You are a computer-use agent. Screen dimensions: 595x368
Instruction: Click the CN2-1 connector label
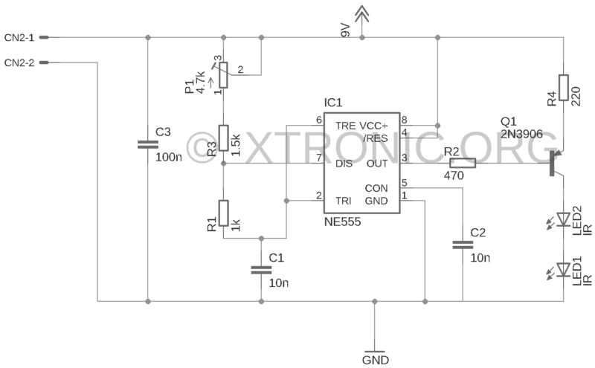tap(19, 38)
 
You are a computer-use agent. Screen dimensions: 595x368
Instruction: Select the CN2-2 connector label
tap(19, 62)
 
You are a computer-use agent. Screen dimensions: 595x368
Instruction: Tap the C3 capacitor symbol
tap(148, 144)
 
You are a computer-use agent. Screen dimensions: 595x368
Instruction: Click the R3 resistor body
tap(224, 138)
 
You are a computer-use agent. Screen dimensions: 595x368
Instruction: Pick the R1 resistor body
tap(224, 213)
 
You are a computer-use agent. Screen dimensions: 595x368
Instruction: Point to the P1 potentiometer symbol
tap(224, 75)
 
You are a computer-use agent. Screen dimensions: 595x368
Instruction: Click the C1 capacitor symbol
tap(261, 270)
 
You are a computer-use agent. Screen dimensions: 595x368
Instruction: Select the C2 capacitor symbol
tap(463, 245)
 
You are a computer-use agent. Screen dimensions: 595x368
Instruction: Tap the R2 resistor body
tap(463, 163)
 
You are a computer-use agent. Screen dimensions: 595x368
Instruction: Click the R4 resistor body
tap(564, 88)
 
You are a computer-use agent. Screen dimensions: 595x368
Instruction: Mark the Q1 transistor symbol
tap(556, 163)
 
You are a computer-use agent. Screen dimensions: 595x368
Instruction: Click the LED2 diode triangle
tap(564, 219)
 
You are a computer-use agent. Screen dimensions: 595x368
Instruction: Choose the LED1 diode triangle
tap(564, 269)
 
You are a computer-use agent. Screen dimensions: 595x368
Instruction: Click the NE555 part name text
tap(342, 222)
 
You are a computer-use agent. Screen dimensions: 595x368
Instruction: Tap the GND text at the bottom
tap(376, 360)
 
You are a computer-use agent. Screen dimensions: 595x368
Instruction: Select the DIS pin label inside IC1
tap(344, 164)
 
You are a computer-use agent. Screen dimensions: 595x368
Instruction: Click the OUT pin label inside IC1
tap(377, 164)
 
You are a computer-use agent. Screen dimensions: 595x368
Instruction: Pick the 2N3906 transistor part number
tap(521, 134)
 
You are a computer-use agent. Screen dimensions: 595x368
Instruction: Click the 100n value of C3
tap(169, 157)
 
